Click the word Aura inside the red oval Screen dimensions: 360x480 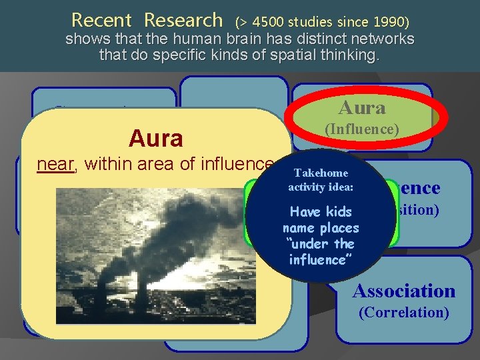361,107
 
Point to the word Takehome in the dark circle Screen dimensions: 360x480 321,172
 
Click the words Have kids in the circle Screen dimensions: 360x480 321,212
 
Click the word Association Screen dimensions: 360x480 403,291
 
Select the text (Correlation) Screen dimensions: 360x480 403,312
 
